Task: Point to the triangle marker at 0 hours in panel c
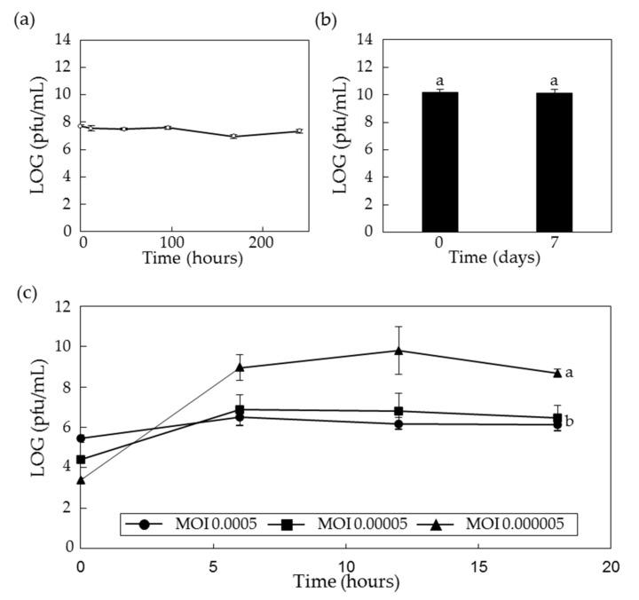82,479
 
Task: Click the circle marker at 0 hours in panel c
82,438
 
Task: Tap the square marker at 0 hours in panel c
82,460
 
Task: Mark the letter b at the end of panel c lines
569,421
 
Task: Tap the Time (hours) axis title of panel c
346,582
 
